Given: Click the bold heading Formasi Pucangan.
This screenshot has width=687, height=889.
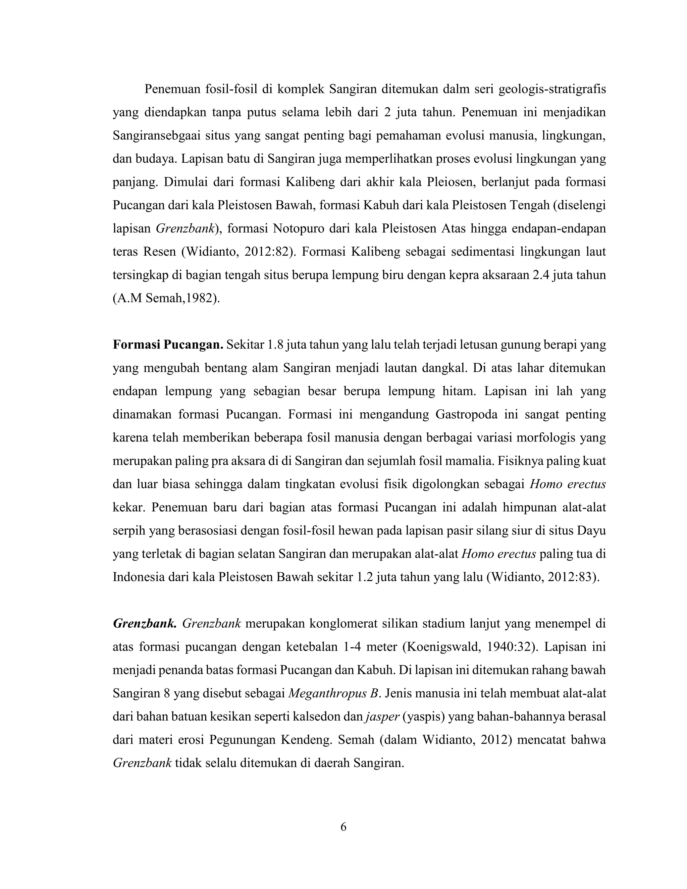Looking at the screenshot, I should click(168, 345).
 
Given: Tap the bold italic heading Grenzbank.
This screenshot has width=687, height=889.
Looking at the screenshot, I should click(145, 624).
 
